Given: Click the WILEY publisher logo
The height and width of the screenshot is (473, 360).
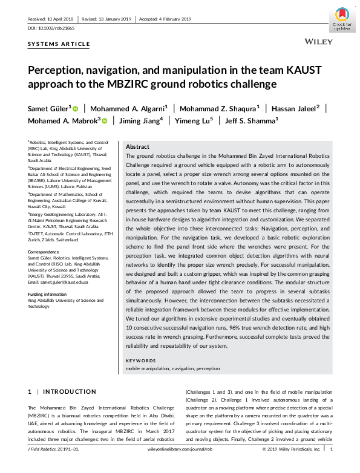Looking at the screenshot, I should (x=317, y=44).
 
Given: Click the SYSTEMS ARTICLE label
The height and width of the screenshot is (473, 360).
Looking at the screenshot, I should (x=59, y=44).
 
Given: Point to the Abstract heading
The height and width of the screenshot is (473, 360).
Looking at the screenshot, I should (x=137, y=147).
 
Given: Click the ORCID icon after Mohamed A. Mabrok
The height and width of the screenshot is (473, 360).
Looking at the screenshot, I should (x=105, y=121).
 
